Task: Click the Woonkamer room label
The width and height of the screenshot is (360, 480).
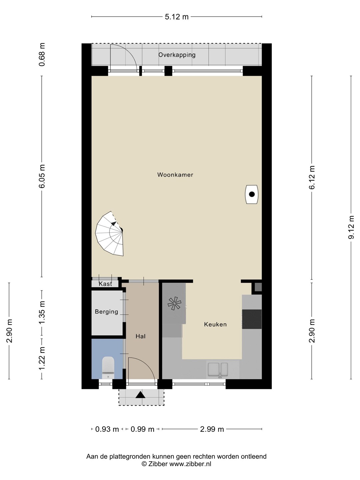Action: click(x=175, y=175)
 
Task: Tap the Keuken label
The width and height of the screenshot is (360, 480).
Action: click(x=215, y=324)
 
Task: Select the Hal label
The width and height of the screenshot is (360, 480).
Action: click(x=141, y=336)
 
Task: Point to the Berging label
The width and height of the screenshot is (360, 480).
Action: click(x=106, y=312)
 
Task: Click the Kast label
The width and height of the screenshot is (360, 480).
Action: click(x=105, y=284)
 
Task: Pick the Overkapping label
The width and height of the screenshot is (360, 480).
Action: click(x=177, y=55)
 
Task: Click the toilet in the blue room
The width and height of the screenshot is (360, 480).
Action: click(x=108, y=367)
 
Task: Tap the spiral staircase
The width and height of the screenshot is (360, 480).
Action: click(x=109, y=234)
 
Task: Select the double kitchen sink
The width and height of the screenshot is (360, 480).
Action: click(x=218, y=369)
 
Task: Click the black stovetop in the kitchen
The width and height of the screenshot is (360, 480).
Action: click(x=252, y=319)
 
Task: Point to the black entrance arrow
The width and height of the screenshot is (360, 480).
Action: click(x=140, y=395)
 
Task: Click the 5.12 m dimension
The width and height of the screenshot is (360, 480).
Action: click(x=177, y=17)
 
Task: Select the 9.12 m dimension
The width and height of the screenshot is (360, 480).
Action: click(x=351, y=227)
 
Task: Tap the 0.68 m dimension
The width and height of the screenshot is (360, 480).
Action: click(x=42, y=54)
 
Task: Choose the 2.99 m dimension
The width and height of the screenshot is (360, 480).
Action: click(x=212, y=429)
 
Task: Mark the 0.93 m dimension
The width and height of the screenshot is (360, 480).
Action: click(x=107, y=429)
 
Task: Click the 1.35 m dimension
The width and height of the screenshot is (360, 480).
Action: click(x=42, y=313)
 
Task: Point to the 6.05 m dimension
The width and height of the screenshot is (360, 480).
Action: click(x=42, y=176)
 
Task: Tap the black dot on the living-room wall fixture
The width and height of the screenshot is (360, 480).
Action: click(x=252, y=194)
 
